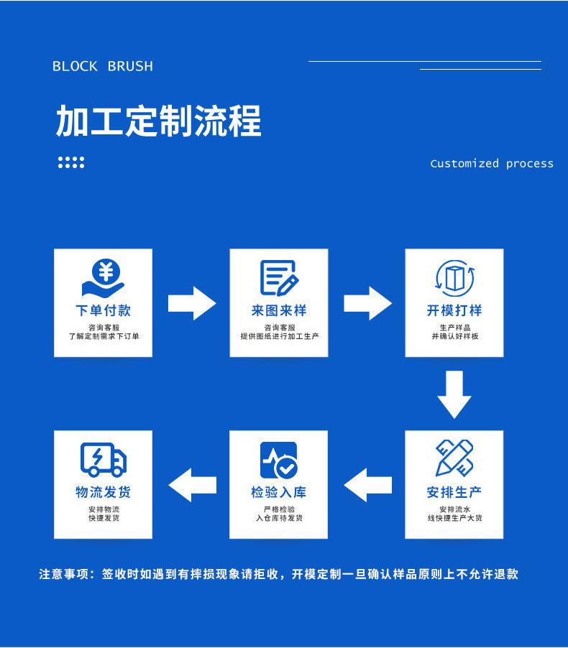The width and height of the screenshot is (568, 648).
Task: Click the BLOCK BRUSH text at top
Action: tap(103, 66)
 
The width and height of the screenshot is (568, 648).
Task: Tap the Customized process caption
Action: tap(492, 163)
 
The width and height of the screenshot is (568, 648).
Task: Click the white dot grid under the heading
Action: tap(71, 162)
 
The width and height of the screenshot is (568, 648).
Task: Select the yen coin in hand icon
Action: tap(103, 278)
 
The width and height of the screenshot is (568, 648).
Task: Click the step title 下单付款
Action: tap(103, 310)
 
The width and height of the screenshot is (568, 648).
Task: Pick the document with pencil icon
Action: tap(279, 278)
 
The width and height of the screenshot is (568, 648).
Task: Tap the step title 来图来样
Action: tap(279, 310)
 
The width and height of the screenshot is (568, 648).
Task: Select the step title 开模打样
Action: tap(454, 310)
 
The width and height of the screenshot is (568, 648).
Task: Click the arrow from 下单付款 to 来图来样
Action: tap(192, 303)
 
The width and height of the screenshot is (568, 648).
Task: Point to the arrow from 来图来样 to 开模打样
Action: tap(367, 303)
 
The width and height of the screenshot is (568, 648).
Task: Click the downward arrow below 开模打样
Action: tap(454, 394)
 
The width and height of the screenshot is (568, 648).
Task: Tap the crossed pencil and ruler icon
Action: tap(454, 458)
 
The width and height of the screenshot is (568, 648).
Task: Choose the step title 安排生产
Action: tap(454, 492)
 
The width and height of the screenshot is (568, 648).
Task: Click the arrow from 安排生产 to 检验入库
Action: tap(367, 485)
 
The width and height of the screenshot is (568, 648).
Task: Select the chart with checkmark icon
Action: tap(279, 459)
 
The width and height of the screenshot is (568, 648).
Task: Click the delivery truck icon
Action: tap(103, 459)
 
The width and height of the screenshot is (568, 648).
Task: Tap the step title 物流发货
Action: tap(103, 492)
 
